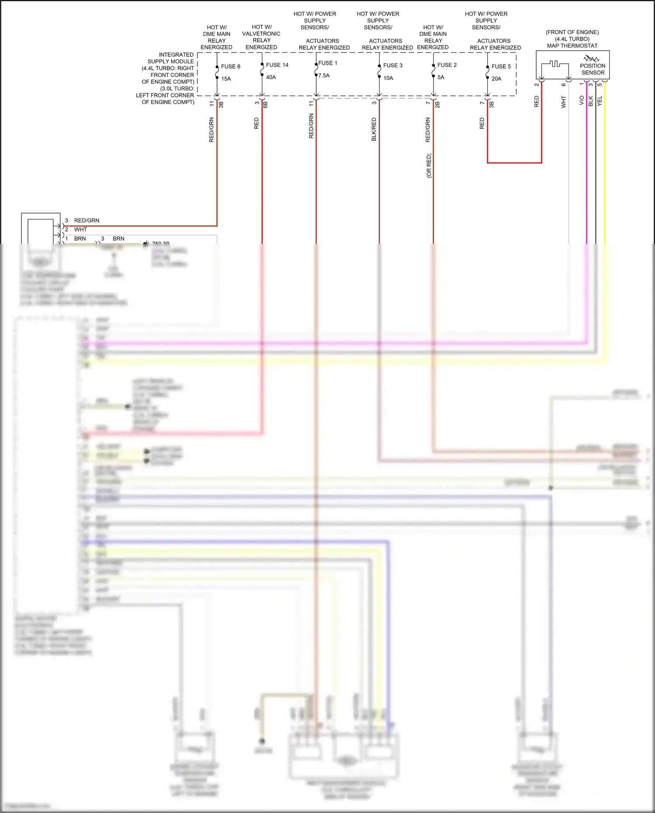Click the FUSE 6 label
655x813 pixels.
pyautogui.click(x=230, y=66)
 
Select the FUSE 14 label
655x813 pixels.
pyautogui.click(x=277, y=65)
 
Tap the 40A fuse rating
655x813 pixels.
pyautogui.click(x=271, y=77)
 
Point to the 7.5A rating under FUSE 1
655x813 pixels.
pyautogui.click(x=324, y=76)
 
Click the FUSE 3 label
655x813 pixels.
pyautogui.click(x=393, y=66)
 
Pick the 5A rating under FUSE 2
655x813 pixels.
pyautogui.click(x=441, y=77)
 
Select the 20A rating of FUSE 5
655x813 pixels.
pyautogui.click(x=496, y=79)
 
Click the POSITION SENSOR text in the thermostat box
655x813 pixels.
pyautogui.click(x=593, y=69)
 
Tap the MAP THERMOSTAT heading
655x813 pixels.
pyautogui.click(x=572, y=46)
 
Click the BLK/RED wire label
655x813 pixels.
pyautogui.click(x=374, y=129)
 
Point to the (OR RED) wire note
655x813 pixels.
pyautogui.click(x=429, y=166)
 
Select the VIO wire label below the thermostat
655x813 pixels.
pyautogui.click(x=582, y=100)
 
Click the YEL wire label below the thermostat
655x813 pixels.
pyautogui.click(x=600, y=101)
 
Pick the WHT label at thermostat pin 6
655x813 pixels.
pyautogui.click(x=563, y=102)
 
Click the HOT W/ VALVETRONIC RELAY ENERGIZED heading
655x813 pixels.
pyautogui.click(x=261, y=37)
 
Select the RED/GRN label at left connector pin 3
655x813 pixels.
pyautogui.click(x=86, y=221)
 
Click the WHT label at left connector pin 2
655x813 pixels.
pyautogui.click(x=80, y=230)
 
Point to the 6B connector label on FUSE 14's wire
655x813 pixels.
pyautogui.click(x=265, y=104)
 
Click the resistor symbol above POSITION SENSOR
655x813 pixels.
pyautogui.click(x=592, y=58)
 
